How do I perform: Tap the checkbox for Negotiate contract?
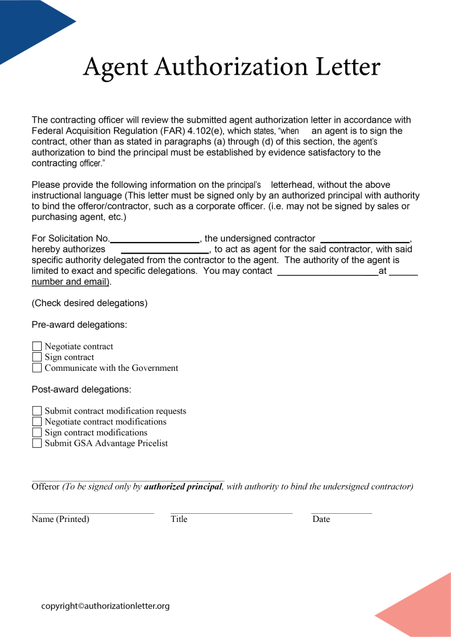pos(37,346)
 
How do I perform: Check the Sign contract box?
pos(37,357)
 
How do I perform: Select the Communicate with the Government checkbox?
pos(37,368)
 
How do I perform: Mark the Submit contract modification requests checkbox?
pos(37,411)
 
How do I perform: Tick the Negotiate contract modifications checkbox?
pos(37,422)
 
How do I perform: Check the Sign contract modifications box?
pos(37,432)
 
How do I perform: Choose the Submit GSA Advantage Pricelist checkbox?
pos(37,444)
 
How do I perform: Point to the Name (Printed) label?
pos(60,519)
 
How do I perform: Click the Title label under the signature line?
pos(179,519)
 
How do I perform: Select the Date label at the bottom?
pos(321,519)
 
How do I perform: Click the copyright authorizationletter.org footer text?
pos(105,606)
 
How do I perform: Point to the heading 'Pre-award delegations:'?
pos(80,325)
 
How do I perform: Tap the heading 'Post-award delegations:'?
pos(82,389)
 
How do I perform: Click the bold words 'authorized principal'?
pos(183,486)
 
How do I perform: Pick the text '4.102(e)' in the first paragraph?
pos(206,131)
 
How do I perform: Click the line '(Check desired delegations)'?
pos(90,304)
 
